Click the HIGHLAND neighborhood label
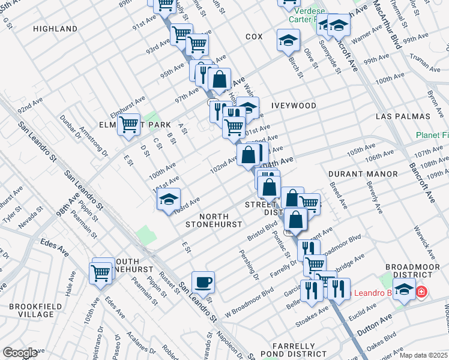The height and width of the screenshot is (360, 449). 55,29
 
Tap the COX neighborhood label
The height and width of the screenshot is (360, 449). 254,37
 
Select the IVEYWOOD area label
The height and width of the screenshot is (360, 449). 294,106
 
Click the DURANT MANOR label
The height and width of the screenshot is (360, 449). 363,174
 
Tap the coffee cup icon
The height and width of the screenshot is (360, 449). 203,281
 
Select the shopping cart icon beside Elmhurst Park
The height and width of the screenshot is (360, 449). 128,124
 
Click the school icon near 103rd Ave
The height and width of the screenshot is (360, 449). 169,199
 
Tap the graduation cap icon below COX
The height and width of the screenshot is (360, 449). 288,40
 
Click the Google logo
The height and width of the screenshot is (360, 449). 20,353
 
